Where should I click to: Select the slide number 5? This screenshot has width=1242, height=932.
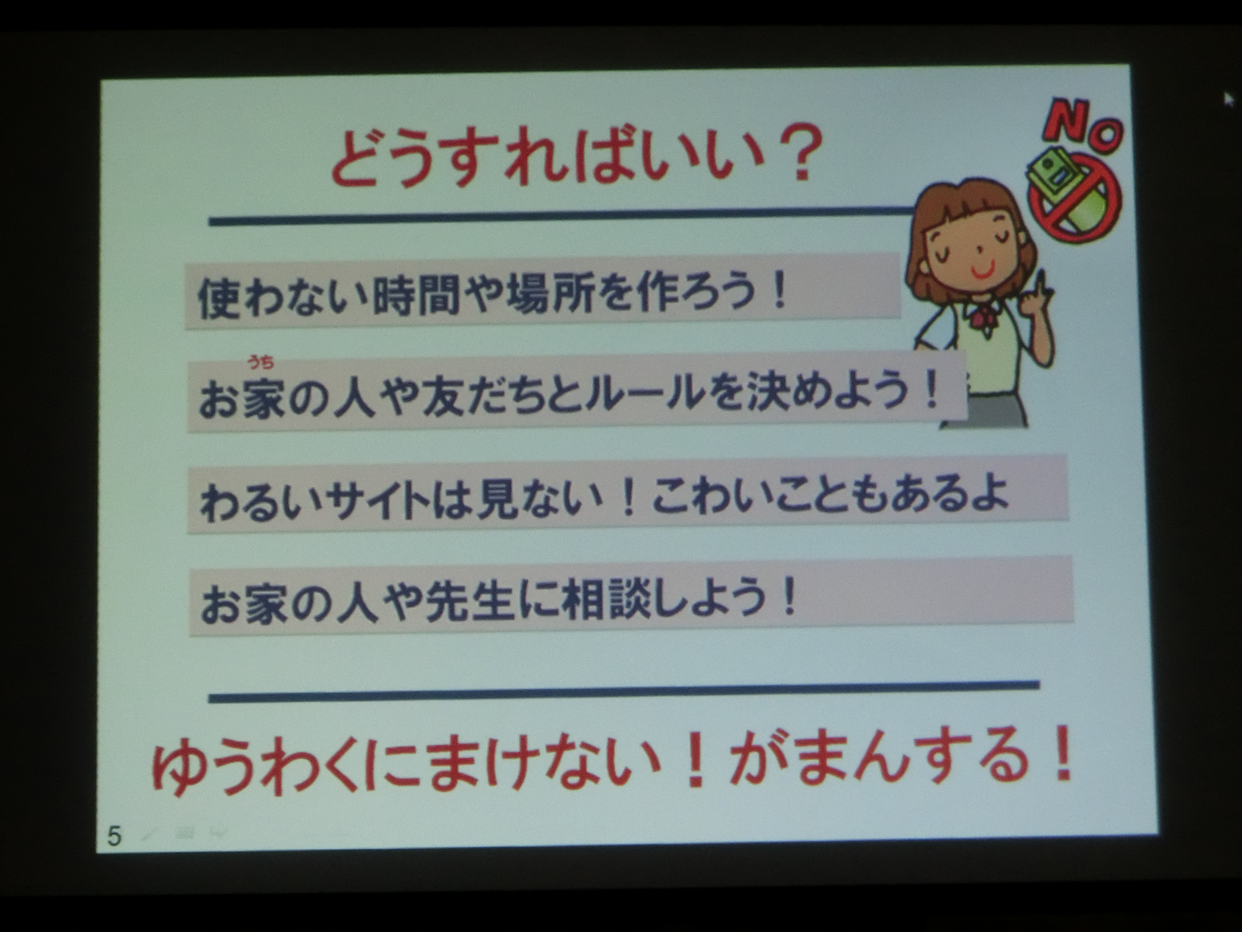point(114,836)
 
